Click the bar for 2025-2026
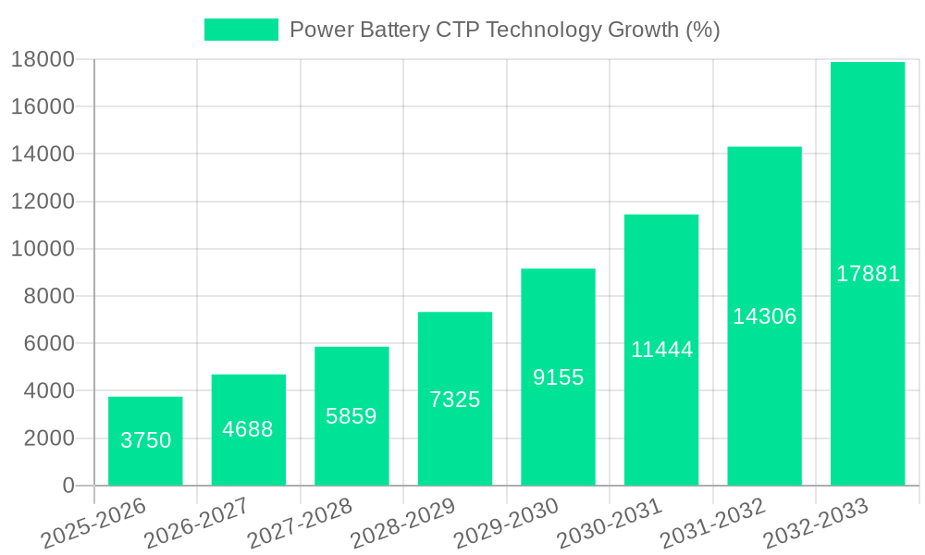click(x=145, y=441)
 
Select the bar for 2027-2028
click(x=351, y=416)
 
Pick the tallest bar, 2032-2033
click(x=868, y=274)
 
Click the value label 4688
click(x=248, y=429)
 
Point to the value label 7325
click(x=455, y=400)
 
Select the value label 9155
click(x=559, y=377)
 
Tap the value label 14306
click(x=765, y=316)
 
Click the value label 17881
click(x=868, y=274)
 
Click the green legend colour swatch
click(x=240, y=30)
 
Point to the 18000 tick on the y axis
click(x=43, y=59)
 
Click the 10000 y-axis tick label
click(x=43, y=249)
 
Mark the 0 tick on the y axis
click(x=68, y=486)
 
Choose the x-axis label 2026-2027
click(x=197, y=523)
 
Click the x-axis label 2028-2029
click(x=403, y=523)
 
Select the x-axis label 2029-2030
click(x=507, y=523)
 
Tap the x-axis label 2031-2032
click(x=713, y=523)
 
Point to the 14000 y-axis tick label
click(x=43, y=154)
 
